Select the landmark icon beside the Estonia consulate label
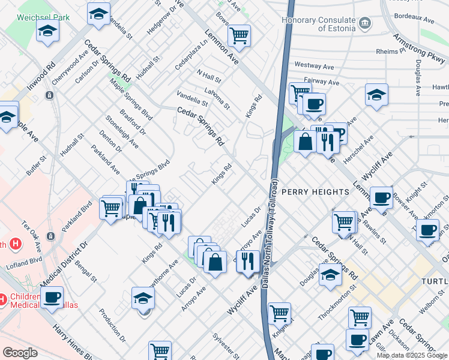click(x=364, y=24)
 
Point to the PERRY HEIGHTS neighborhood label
click(x=315, y=191)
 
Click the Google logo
click(x=20, y=353)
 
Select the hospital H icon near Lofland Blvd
click(x=16, y=245)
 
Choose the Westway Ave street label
click(x=314, y=65)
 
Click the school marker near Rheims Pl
click(x=376, y=94)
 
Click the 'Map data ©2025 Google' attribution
click(x=412, y=355)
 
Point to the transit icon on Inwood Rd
click(x=49, y=95)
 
